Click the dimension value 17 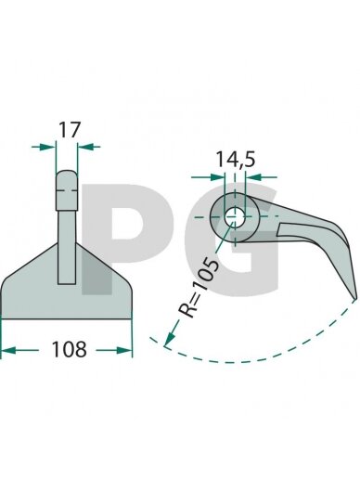click(70, 130)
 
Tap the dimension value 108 click(69, 349)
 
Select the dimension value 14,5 click(235, 160)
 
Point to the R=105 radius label click(200, 287)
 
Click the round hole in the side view click(235, 217)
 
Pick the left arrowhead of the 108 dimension click(8, 350)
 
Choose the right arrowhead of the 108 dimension click(124, 350)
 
